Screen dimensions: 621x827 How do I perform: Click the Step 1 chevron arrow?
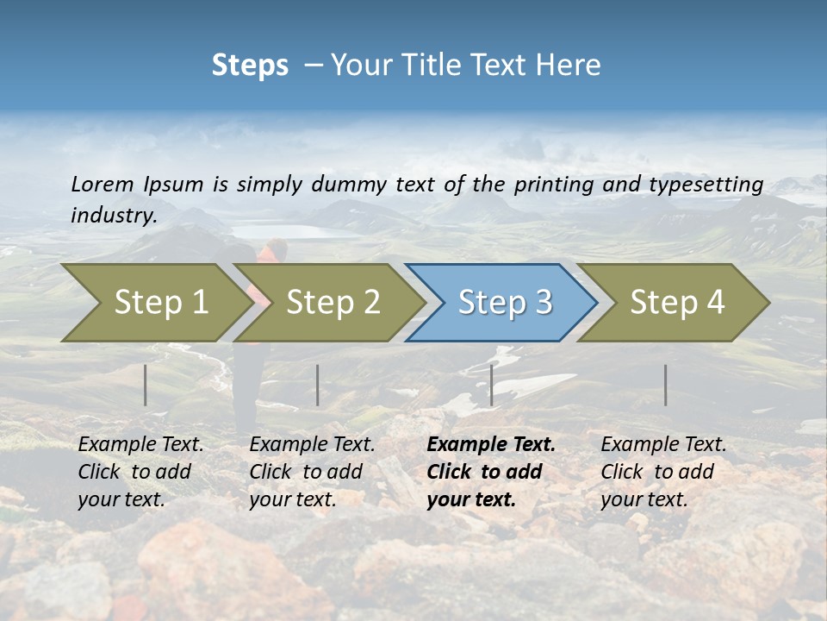pyautogui.click(x=155, y=303)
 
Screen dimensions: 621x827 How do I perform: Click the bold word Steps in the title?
pyautogui.click(x=250, y=66)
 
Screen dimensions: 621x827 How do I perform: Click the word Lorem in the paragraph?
pyautogui.click(x=103, y=184)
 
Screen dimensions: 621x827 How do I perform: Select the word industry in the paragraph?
pyautogui.click(x=113, y=216)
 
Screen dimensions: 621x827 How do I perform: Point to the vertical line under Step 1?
pyautogui.click(x=146, y=385)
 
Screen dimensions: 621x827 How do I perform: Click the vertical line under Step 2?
pyautogui.click(x=318, y=385)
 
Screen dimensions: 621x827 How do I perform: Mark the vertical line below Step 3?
pyautogui.click(x=491, y=385)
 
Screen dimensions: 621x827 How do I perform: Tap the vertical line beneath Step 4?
pyautogui.click(x=665, y=385)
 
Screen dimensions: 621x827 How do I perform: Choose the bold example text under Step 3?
pyautogui.click(x=490, y=472)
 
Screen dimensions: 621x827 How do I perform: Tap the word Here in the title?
pyautogui.click(x=572, y=66)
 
